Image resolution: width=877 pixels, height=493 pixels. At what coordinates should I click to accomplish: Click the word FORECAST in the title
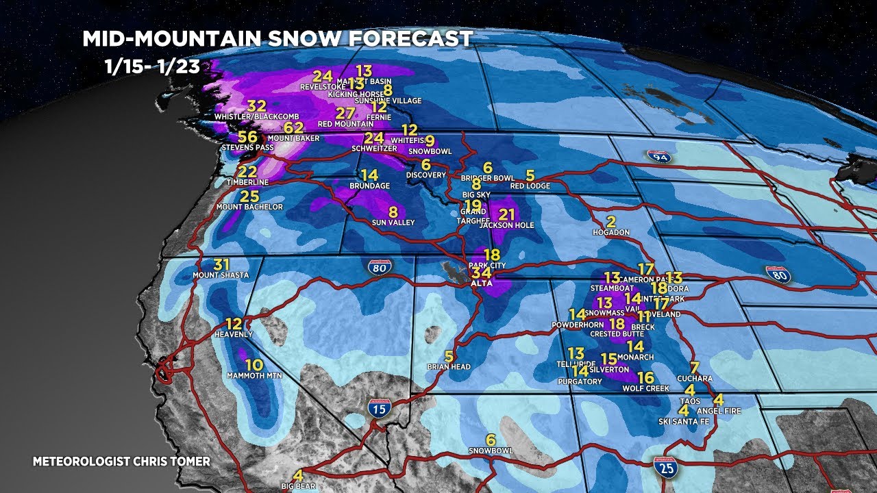coord(411,38)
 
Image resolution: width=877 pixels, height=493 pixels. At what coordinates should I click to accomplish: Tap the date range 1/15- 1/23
coord(153,67)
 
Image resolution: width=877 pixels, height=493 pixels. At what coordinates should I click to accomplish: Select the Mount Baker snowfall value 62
coord(293,127)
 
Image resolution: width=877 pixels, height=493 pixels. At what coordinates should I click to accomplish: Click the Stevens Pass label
coord(247,147)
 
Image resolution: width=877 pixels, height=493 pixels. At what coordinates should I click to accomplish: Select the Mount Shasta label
coord(221,275)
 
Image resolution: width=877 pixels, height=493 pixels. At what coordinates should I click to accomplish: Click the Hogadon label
coord(610,233)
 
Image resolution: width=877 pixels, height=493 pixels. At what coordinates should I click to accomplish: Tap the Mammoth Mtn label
coord(254,376)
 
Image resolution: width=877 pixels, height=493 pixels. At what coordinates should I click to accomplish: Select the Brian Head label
coord(448,367)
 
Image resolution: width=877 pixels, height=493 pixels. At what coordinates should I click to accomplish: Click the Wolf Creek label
coord(645,388)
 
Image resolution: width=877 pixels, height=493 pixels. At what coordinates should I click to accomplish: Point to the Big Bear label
coord(297,486)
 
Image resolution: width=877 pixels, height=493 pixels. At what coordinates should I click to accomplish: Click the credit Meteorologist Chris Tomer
coord(121,462)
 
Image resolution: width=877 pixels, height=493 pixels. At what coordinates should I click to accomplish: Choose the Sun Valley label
coord(393,223)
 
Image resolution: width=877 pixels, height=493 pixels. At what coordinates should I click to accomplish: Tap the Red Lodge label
coord(530,186)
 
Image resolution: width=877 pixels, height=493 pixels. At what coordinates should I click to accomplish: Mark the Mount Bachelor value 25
coord(249,197)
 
